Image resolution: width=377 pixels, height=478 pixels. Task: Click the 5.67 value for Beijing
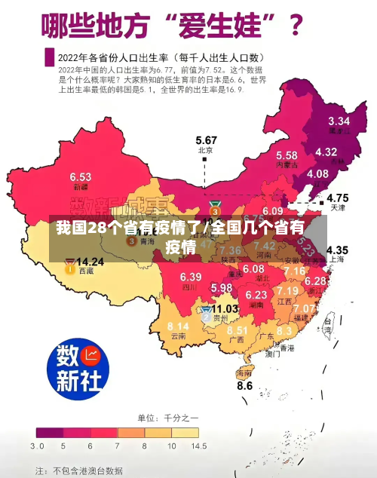click(206, 140)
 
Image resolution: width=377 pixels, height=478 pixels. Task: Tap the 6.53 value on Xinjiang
click(81, 176)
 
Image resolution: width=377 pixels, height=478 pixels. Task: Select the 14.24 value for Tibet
click(90, 262)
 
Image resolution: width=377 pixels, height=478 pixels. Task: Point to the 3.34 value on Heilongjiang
click(339, 121)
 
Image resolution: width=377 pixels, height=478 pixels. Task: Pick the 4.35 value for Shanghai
click(336, 250)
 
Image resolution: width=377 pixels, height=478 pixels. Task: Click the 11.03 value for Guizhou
click(225, 308)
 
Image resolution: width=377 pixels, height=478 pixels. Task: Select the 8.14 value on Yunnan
click(178, 326)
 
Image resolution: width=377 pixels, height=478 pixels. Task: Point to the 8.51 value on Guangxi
click(237, 330)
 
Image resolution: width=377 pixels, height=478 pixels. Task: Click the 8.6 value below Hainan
click(245, 385)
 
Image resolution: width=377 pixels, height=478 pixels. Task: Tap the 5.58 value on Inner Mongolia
click(286, 155)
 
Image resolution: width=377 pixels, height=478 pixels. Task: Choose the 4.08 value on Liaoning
click(317, 173)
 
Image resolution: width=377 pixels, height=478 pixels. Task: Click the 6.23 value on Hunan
click(257, 295)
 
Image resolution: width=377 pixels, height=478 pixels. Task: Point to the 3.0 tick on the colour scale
click(37, 446)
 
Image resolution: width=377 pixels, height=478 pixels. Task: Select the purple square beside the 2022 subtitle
click(49, 57)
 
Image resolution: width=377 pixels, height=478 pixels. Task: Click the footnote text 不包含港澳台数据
click(87, 470)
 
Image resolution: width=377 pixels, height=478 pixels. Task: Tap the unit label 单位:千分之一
click(167, 418)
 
